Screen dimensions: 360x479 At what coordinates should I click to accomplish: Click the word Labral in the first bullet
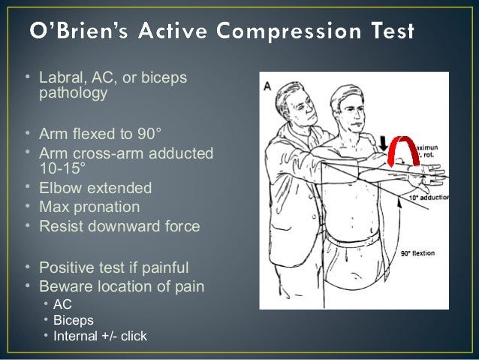point(59,78)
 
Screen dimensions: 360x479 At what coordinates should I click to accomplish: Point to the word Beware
point(63,286)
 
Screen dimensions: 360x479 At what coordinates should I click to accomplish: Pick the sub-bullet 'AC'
point(62,304)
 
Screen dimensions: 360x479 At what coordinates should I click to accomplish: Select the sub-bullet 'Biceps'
point(71,320)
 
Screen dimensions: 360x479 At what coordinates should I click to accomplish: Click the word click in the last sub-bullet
point(133,336)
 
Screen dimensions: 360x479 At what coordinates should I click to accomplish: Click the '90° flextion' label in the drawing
point(426,253)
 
